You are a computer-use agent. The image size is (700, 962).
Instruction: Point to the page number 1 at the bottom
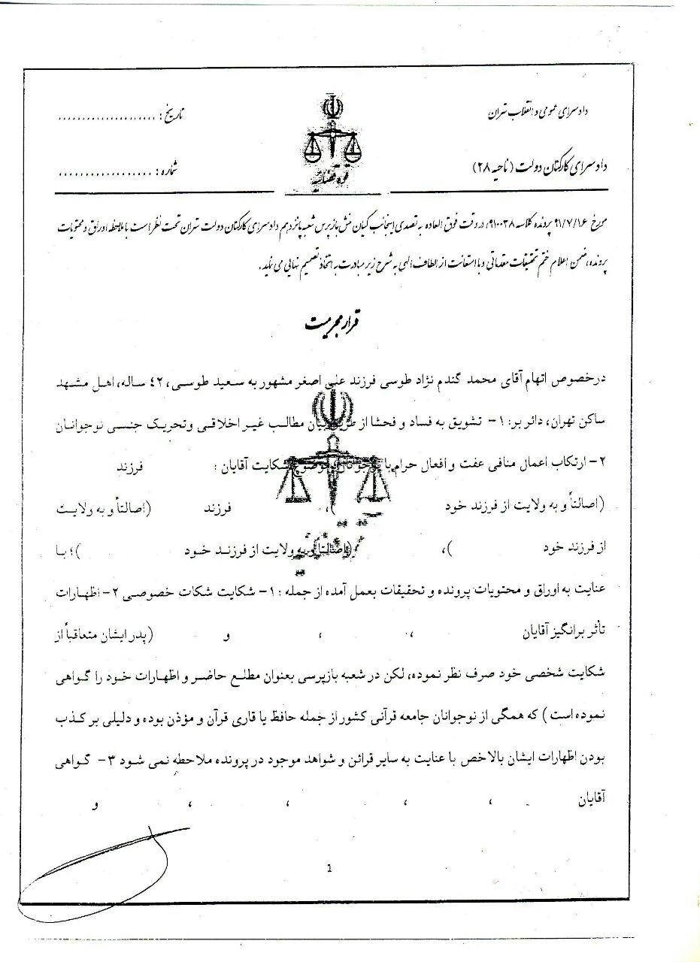(x=329, y=869)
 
